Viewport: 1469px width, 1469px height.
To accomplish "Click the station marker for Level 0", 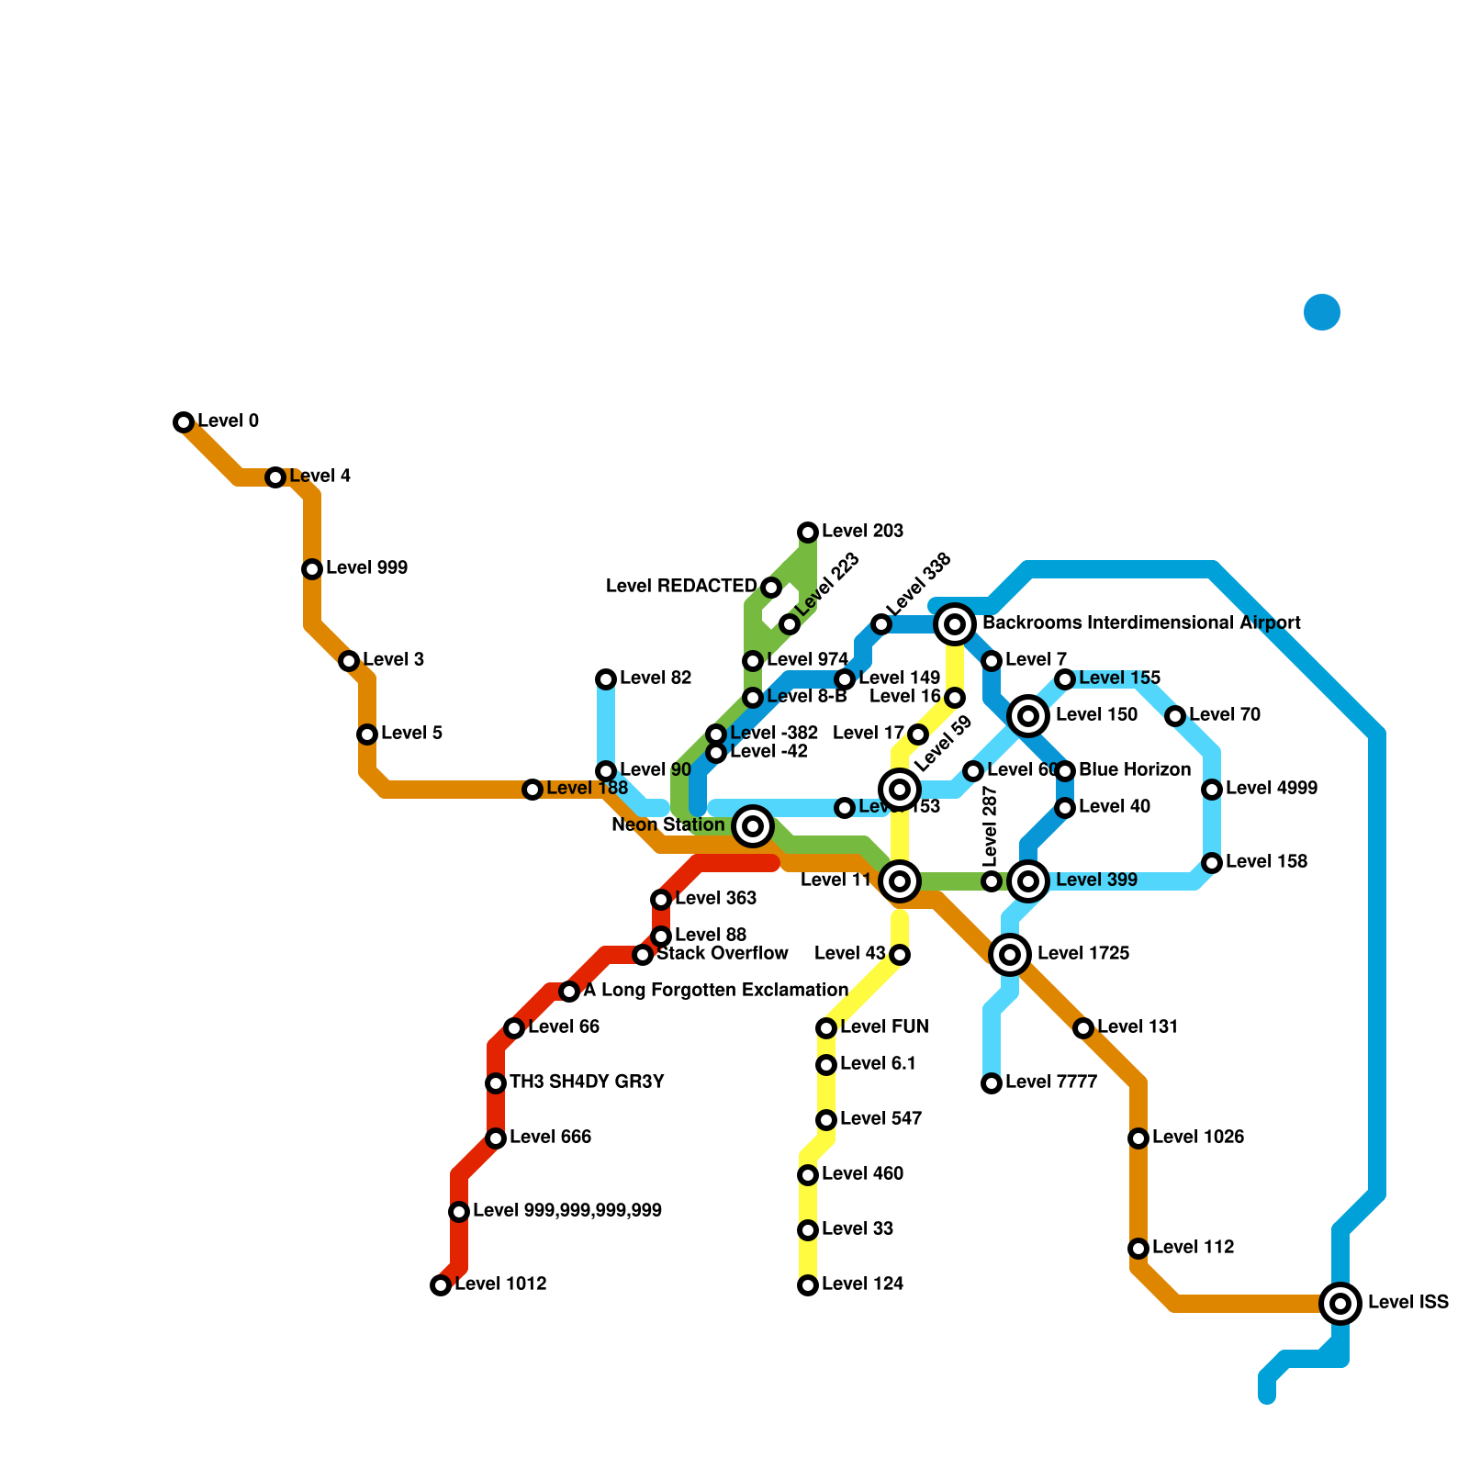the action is (x=184, y=422).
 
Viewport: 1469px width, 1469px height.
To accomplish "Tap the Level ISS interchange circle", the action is (x=1340, y=1303).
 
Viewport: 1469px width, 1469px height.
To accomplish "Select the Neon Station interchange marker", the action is (x=753, y=826).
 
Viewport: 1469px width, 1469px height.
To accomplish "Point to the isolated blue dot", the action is (x=1322, y=312).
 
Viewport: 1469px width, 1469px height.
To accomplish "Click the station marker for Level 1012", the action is (x=441, y=1285).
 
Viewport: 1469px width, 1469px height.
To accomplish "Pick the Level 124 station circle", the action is (x=808, y=1285).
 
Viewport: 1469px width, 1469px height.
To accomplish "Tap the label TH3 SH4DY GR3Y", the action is (x=587, y=1082).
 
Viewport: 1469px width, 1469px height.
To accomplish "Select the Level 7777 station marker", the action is (x=992, y=1083).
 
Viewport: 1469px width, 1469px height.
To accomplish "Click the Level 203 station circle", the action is (x=808, y=533).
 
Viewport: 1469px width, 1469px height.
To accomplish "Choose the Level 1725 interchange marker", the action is (x=1010, y=955).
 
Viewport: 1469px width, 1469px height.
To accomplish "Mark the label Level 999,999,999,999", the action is (x=567, y=1211).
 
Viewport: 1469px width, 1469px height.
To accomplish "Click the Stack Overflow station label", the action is (x=723, y=954).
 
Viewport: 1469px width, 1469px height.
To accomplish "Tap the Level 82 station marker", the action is (x=606, y=679).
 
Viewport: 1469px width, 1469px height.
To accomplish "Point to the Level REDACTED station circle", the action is (x=771, y=588).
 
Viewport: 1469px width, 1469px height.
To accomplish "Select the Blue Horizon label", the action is (x=1135, y=770).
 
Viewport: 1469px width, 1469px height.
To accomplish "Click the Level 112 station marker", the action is (x=1138, y=1249).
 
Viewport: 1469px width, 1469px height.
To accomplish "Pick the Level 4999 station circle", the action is (x=1212, y=790).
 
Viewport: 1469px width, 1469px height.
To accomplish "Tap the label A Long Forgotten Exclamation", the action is (x=715, y=991).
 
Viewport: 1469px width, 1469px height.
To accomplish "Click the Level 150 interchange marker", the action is (x=1028, y=716).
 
